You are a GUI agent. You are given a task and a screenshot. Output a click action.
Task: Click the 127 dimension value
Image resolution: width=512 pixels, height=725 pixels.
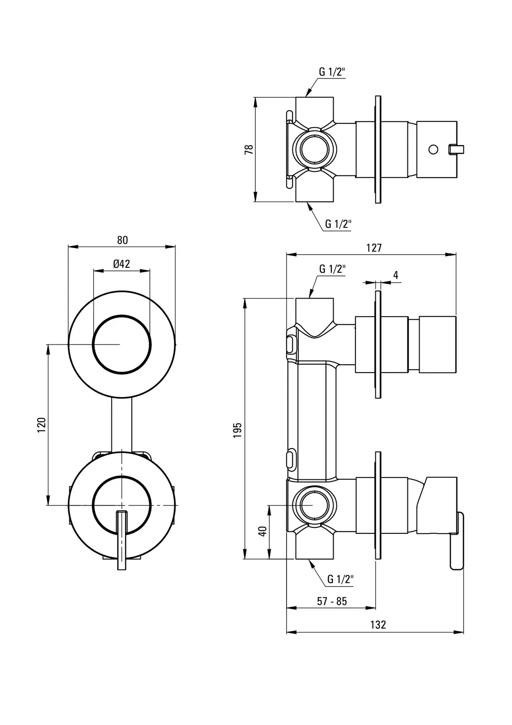pos(374,248)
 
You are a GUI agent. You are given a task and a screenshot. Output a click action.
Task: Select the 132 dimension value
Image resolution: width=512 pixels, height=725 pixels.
pos(378,624)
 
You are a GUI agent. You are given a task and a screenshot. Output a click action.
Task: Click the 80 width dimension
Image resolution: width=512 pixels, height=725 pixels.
pos(122,240)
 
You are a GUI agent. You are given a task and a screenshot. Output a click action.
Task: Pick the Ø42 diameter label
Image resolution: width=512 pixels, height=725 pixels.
pos(121,264)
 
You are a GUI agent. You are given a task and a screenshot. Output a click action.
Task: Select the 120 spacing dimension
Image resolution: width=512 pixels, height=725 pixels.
pos(41,425)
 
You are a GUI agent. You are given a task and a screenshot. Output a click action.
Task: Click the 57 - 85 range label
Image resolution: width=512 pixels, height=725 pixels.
pos(332,601)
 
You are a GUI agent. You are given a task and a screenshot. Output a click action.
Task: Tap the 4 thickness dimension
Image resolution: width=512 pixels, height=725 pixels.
pos(396,275)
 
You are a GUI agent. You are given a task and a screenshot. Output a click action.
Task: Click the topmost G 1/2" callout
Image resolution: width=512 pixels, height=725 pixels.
pos(332,72)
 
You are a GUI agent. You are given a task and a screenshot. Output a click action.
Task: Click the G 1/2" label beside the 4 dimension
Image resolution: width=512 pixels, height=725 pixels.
pos(332,269)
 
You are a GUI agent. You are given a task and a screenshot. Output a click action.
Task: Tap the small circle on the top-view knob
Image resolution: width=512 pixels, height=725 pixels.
pos(433,149)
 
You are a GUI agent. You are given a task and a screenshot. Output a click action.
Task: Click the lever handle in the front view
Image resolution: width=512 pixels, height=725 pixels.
pos(121,539)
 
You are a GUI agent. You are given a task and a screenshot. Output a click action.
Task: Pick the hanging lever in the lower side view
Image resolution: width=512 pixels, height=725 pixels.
pos(457,541)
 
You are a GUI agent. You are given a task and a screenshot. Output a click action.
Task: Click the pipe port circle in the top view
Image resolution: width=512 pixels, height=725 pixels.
pos(313,150)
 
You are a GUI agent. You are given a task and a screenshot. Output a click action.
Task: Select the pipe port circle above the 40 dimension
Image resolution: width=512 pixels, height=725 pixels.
pos(313,505)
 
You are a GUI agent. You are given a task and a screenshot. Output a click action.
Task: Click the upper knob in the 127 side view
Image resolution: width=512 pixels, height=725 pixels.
pos(437,345)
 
